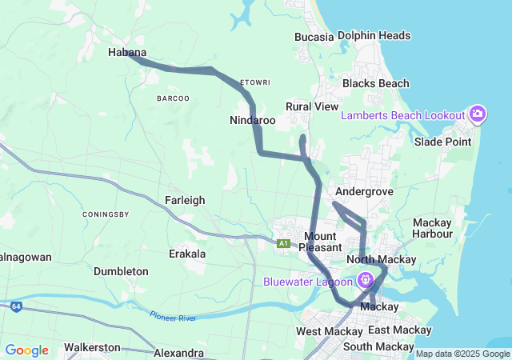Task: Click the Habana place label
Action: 127,52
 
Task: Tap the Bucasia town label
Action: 314,36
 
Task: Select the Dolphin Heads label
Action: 374,35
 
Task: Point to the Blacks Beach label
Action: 375,83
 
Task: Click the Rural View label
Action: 312,106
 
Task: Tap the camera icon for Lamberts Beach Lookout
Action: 477,114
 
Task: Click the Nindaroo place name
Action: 252,120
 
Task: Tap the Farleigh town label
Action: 185,200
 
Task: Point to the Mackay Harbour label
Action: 432,228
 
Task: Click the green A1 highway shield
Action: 283,243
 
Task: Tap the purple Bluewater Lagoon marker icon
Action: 366,281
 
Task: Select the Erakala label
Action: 187,254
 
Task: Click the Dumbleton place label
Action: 121,271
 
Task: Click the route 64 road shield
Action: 16,306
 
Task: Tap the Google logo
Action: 26,350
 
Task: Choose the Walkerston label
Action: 92,347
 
